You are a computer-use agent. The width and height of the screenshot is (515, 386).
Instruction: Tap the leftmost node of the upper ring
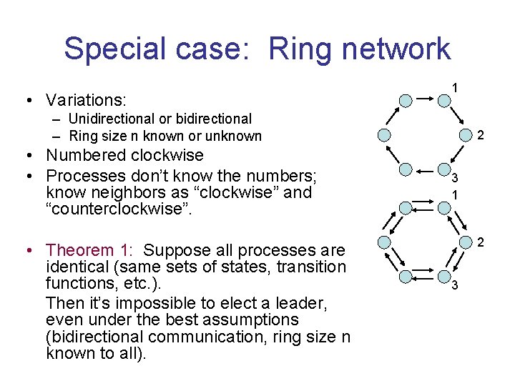(x=385, y=135)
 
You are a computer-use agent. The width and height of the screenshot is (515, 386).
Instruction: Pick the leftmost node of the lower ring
(x=385, y=242)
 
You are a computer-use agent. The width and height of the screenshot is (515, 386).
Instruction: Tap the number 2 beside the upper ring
(x=481, y=135)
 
